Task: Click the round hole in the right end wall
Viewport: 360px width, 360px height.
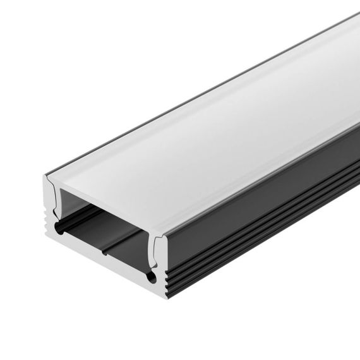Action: point(152,277)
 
